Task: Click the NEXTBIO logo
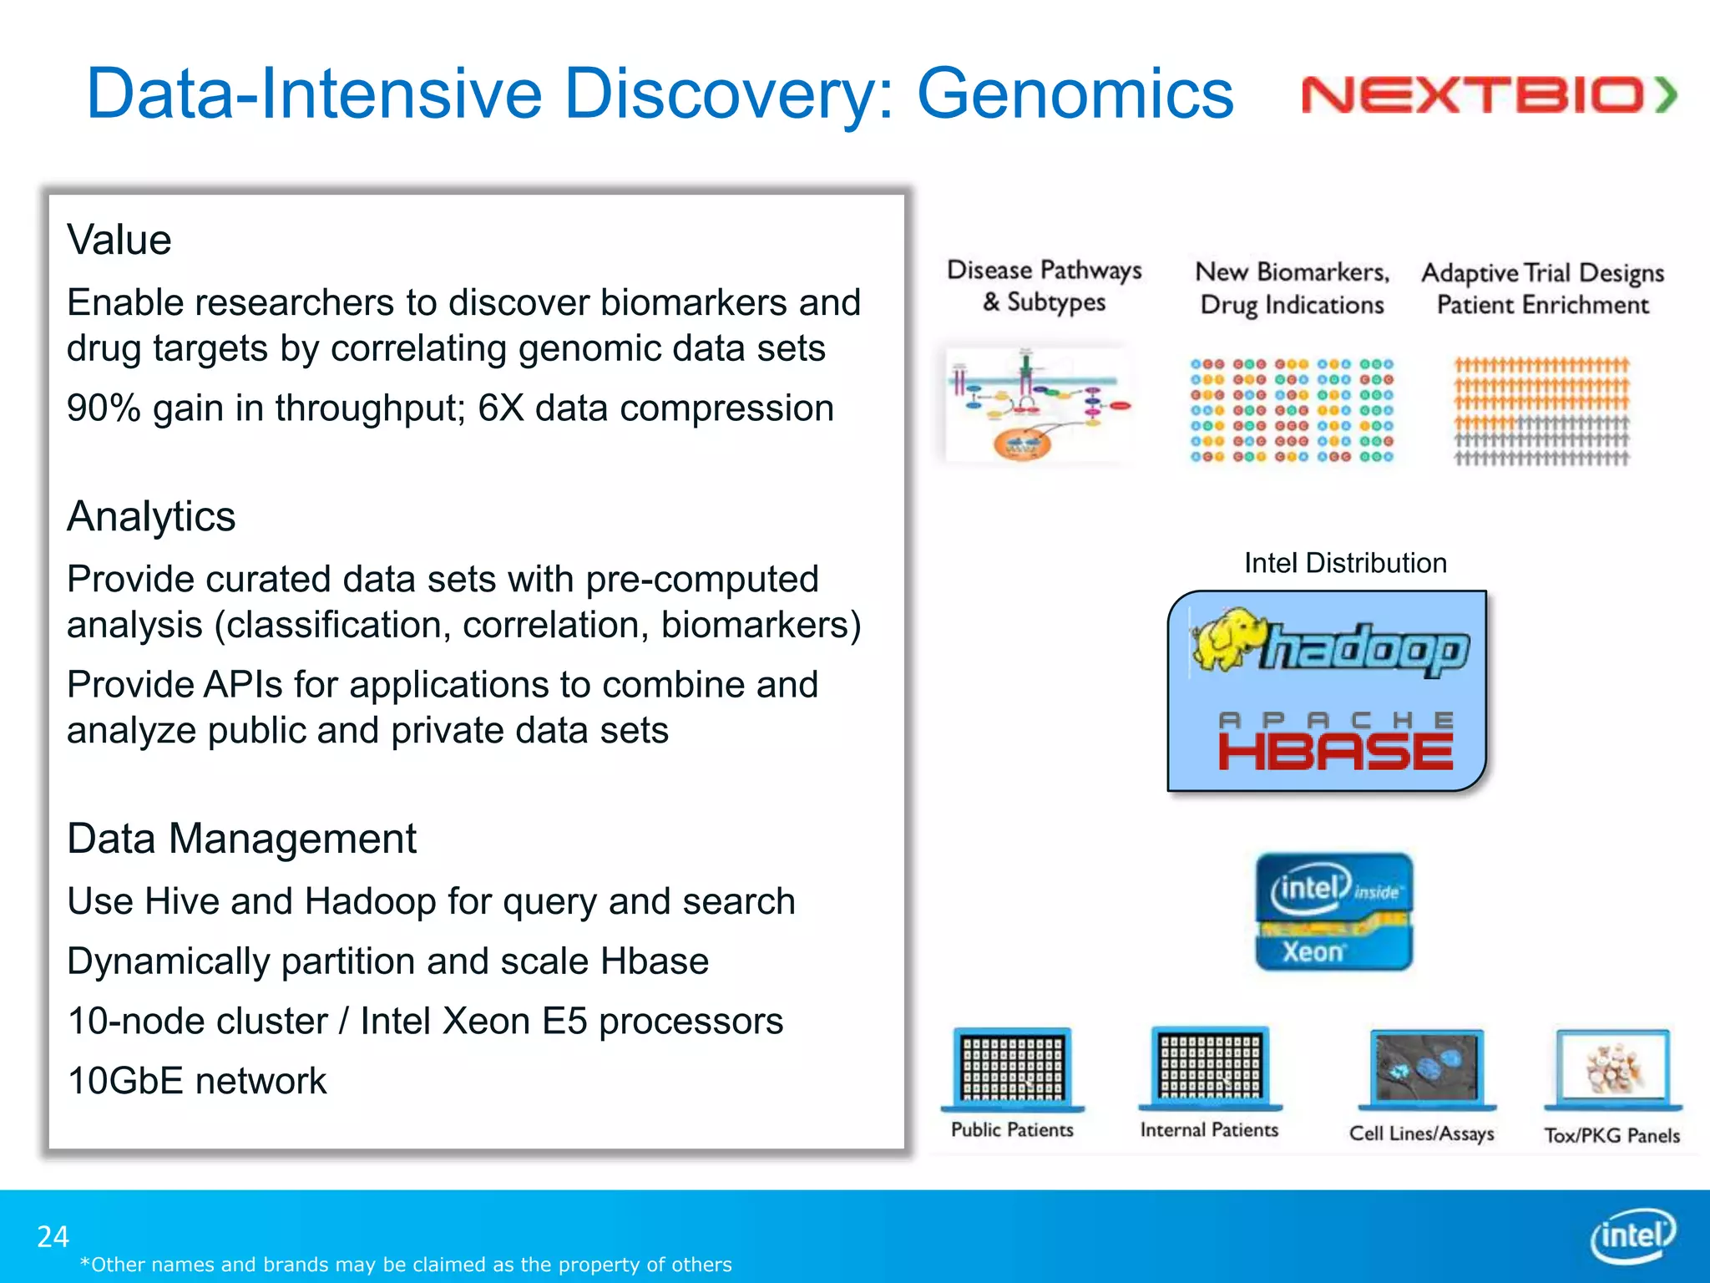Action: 1488,94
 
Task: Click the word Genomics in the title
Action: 1075,94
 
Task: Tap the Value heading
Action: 119,241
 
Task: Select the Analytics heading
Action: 151,516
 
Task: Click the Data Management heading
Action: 241,839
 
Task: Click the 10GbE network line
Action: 197,1081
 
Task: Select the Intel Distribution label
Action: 1344,563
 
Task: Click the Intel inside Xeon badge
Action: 1333,911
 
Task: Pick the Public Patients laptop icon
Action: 1012,1069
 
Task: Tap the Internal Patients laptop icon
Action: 1210,1067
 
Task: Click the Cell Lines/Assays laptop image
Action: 1426,1069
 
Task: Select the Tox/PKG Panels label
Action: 1611,1135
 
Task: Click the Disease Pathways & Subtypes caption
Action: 1044,286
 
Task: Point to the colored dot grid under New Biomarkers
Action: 1291,410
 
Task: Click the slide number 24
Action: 53,1236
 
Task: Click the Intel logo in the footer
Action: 1632,1235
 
